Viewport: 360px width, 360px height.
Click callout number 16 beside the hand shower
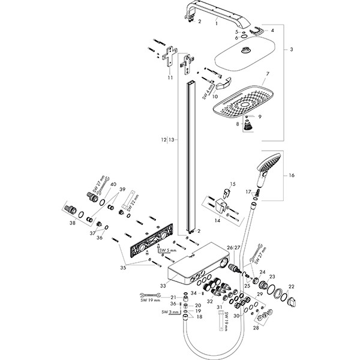(292, 176)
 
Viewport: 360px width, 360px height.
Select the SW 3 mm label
(169, 312)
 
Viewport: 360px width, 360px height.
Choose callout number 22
(292, 286)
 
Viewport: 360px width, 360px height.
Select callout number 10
(214, 95)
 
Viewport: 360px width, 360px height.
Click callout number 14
(218, 221)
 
